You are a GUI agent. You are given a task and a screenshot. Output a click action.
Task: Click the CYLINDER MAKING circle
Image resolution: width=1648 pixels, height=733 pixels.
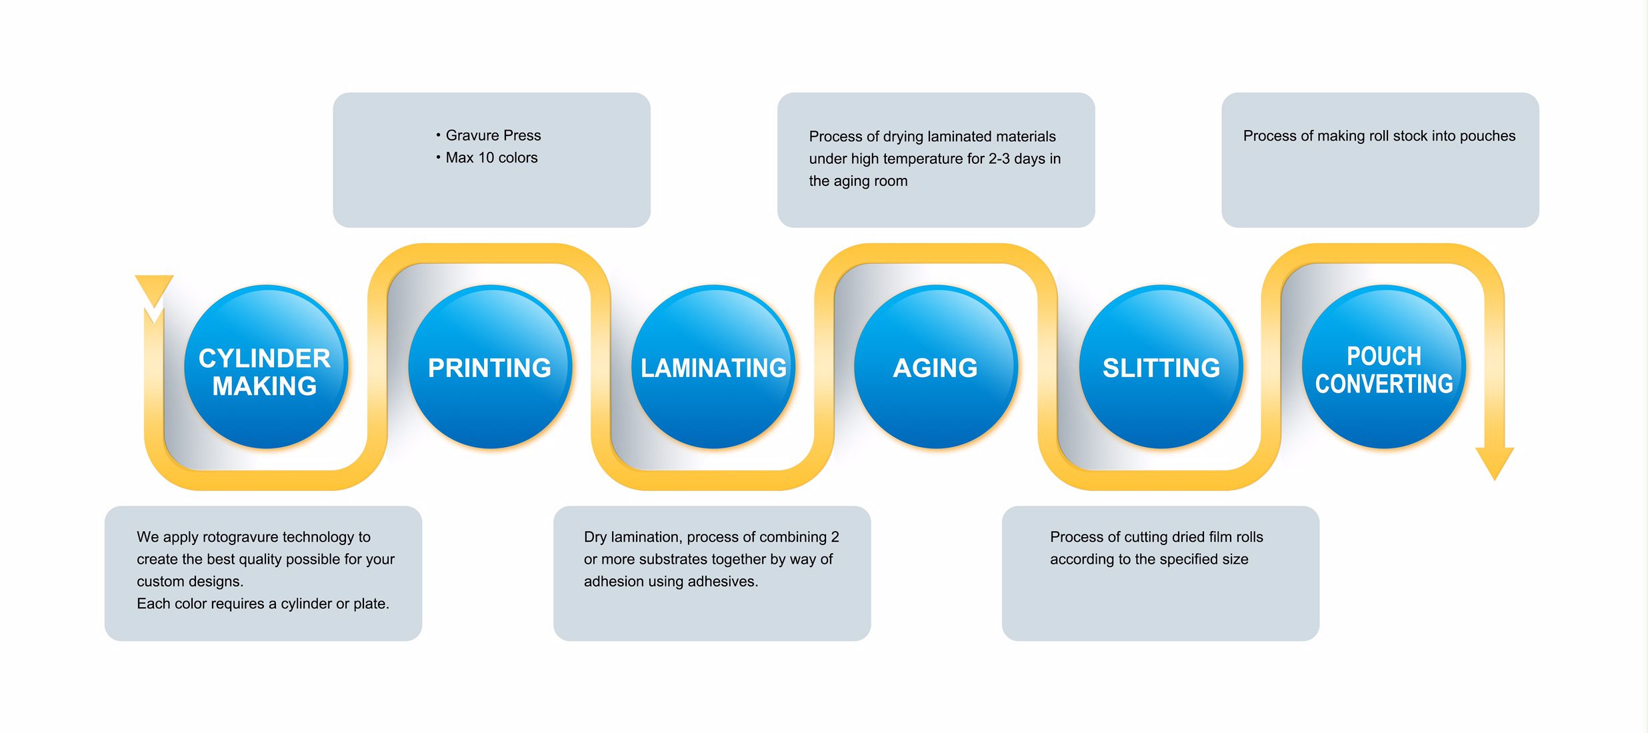(x=265, y=367)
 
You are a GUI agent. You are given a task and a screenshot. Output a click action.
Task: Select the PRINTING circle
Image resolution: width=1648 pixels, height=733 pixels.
(x=490, y=367)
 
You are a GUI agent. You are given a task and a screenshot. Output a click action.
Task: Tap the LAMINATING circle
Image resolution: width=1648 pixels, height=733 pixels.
(x=713, y=367)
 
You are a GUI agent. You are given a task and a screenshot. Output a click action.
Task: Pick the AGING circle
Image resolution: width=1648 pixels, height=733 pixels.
(x=935, y=367)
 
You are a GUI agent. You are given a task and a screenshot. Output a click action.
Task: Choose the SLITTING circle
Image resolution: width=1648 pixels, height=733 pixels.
(x=1161, y=367)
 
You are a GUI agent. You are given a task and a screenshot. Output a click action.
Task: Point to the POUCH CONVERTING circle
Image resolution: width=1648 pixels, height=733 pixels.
(x=1383, y=367)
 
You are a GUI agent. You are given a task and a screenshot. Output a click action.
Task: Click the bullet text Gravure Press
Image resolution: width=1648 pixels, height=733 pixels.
(x=493, y=135)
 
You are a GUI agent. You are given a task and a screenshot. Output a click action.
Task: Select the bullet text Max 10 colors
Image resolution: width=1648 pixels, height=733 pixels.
(x=491, y=158)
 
